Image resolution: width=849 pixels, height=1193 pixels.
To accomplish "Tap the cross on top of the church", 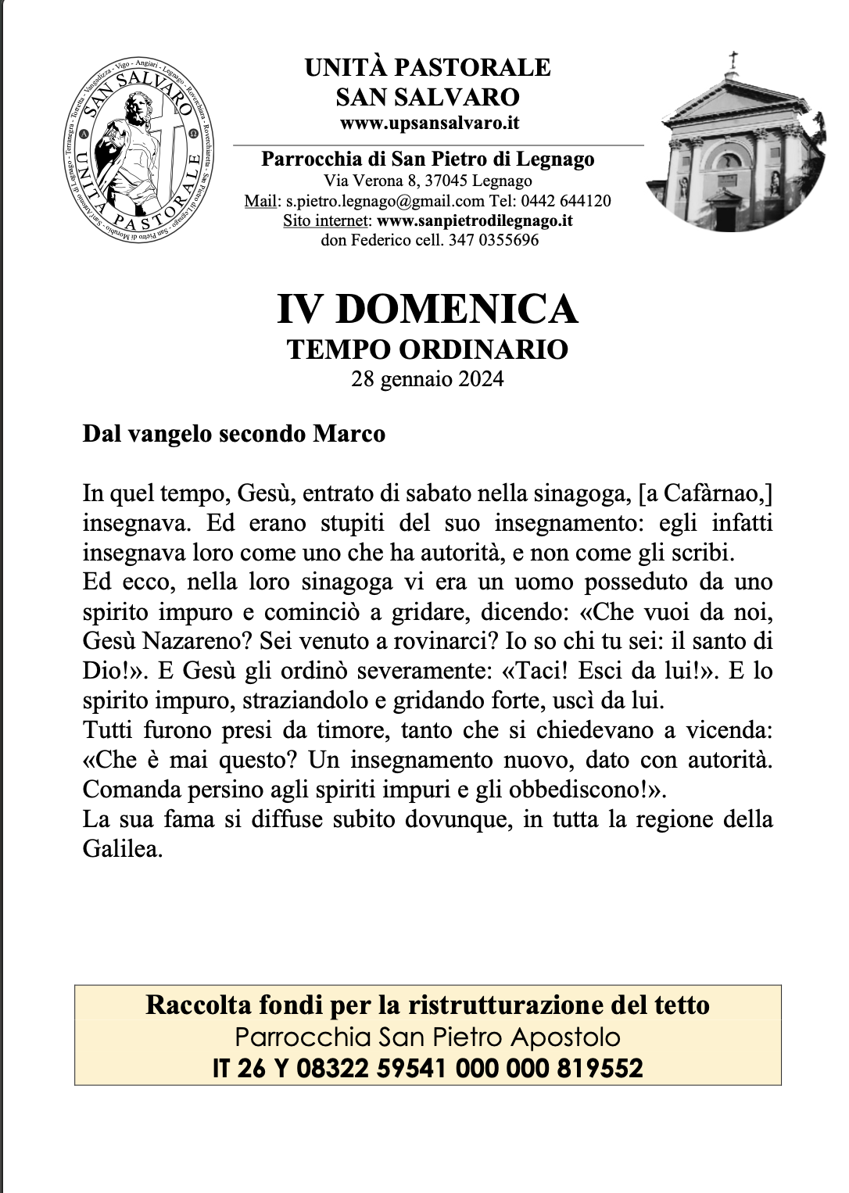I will click(x=733, y=61).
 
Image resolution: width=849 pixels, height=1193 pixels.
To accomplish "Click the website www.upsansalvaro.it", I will click(x=429, y=123).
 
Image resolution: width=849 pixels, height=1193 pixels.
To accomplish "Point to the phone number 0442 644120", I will click(x=566, y=201).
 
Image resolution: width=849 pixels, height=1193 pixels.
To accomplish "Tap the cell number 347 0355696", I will click(x=493, y=240).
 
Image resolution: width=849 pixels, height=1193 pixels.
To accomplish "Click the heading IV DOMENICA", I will click(x=428, y=309).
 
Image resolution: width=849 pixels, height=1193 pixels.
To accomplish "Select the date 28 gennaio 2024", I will click(x=428, y=379).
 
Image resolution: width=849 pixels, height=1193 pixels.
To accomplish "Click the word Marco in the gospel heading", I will click(x=349, y=433).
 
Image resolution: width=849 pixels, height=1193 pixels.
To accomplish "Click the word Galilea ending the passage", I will click(x=122, y=849).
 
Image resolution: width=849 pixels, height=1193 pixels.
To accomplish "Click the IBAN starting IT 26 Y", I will click(x=428, y=1068).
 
